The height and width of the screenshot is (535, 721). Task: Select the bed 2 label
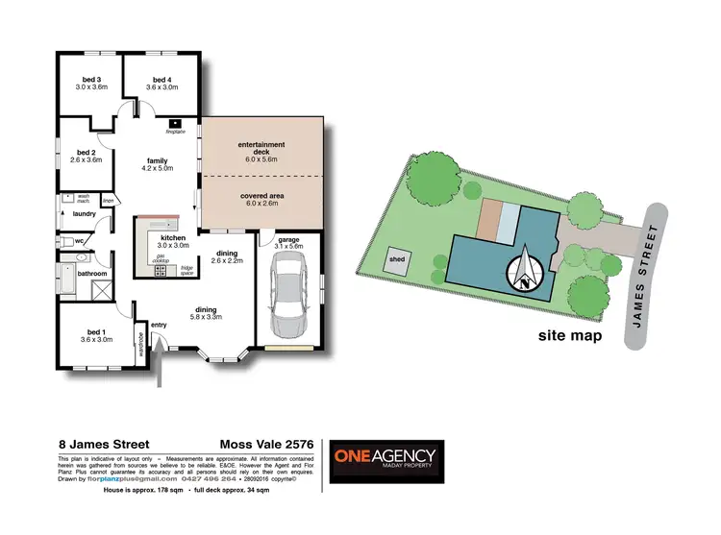87,156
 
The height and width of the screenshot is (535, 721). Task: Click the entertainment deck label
261,149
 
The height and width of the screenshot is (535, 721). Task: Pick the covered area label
261,199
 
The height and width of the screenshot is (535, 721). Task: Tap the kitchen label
173,240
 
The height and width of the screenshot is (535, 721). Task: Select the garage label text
288,242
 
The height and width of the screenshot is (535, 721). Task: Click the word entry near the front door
159,325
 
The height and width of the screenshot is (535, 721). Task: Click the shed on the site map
397,258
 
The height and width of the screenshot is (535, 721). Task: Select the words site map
570,336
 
